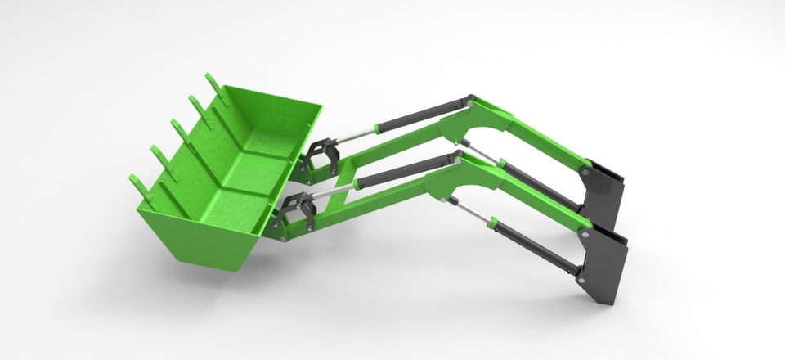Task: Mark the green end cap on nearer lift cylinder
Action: [493, 221]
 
